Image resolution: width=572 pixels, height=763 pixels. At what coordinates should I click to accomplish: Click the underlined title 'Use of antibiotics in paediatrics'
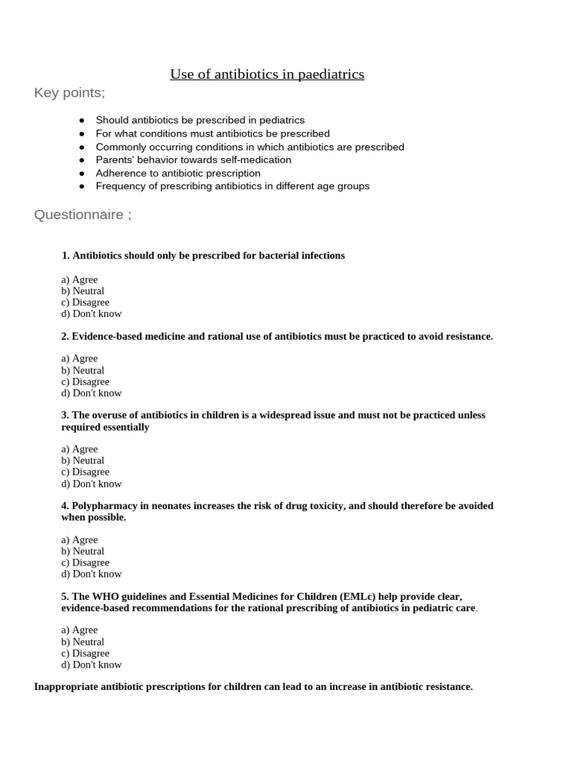pyautogui.click(x=267, y=74)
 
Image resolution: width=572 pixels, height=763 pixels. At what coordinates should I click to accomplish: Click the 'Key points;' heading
pyautogui.click(x=69, y=93)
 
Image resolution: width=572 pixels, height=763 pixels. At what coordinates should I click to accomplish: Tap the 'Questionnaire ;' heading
pyautogui.click(x=83, y=215)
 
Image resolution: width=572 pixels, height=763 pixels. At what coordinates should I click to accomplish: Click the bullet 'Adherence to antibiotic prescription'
pyautogui.click(x=177, y=174)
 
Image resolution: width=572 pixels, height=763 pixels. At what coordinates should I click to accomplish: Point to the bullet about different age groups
pyautogui.click(x=232, y=186)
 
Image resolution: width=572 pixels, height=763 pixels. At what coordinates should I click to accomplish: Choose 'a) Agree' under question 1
pyautogui.click(x=79, y=280)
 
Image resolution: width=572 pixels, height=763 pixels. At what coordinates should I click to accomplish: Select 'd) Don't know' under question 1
pyautogui.click(x=91, y=314)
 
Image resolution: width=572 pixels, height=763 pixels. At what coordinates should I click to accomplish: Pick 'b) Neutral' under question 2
pyautogui.click(x=82, y=370)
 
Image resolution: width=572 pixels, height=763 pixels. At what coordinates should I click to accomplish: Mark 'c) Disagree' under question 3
pyautogui.click(x=85, y=472)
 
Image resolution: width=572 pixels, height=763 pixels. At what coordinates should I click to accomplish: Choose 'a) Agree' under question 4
pyautogui.click(x=79, y=540)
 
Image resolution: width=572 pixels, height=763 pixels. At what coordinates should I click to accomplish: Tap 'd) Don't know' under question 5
pyautogui.click(x=91, y=665)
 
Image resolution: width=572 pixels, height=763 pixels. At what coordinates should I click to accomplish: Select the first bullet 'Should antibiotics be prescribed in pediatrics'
pyautogui.click(x=200, y=120)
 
